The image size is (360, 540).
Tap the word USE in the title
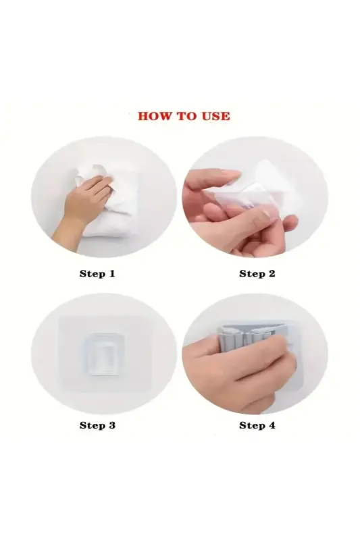(x=214, y=116)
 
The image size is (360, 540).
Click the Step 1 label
(x=97, y=273)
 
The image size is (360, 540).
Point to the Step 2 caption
(x=257, y=273)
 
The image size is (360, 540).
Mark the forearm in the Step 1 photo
(x=68, y=219)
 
